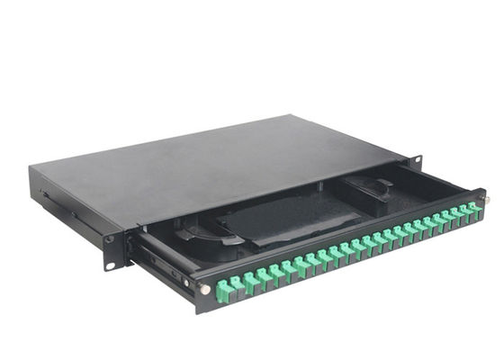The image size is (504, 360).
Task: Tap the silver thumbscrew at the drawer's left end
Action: [x=205, y=289]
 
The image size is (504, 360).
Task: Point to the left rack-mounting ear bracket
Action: [x=110, y=251]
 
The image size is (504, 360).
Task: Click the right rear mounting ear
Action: [x=415, y=162]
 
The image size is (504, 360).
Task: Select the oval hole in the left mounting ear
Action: [x=110, y=265]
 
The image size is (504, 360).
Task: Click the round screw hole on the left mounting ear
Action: [x=109, y=239]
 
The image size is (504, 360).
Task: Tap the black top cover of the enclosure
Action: [x=225, y=162]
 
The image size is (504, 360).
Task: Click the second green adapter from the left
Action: [x=237, y=283]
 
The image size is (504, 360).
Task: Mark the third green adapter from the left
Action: [x=249, y=278]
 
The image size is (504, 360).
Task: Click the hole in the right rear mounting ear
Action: [x=418, y=161]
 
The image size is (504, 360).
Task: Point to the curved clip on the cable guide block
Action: [x=382, y=184]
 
